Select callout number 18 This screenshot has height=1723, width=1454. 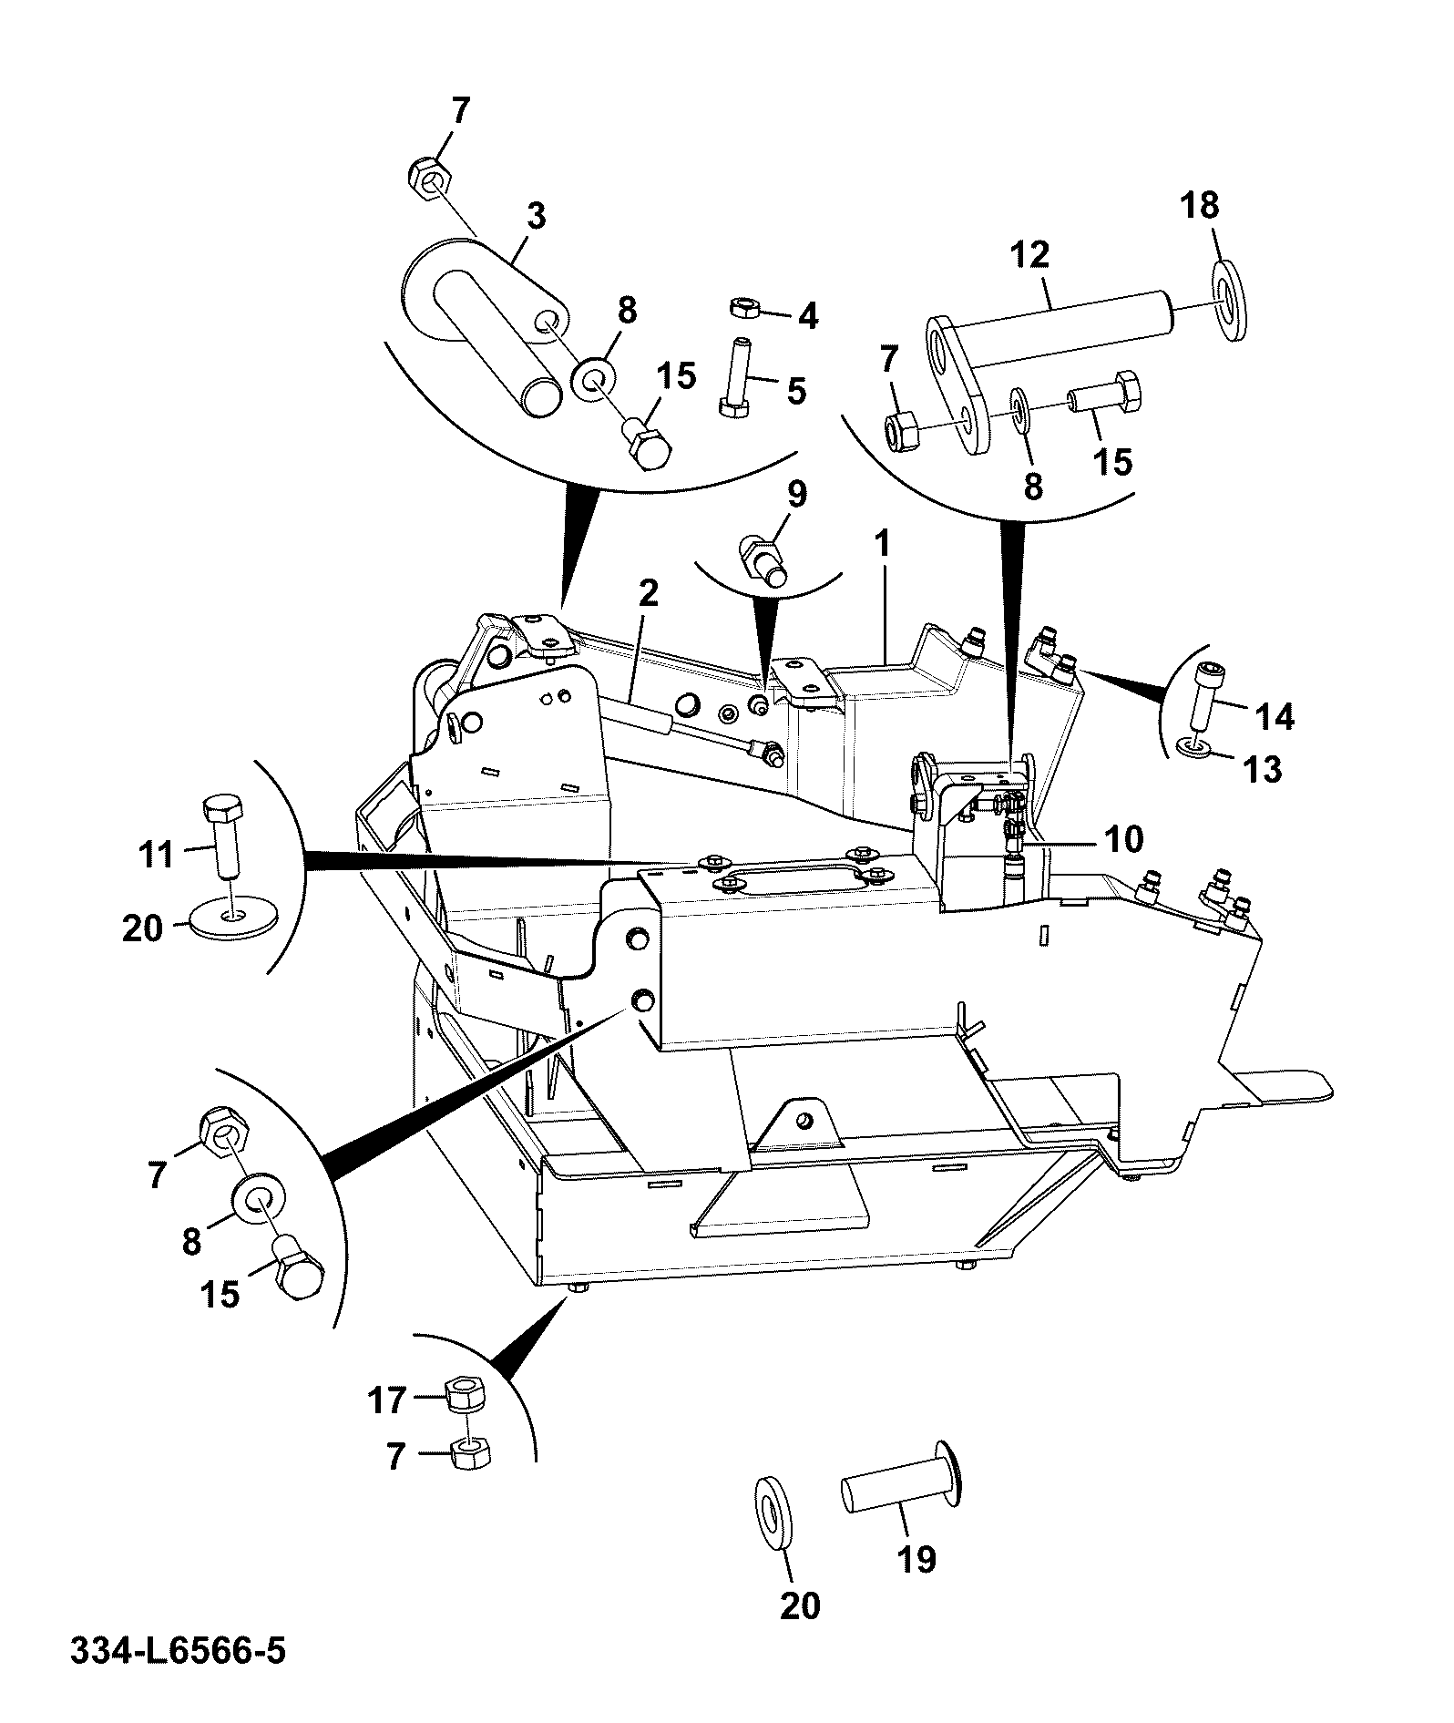click(1200, 205)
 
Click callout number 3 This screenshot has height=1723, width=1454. click(536, 217)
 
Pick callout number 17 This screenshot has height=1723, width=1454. click(386, 1400)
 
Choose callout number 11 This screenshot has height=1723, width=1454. click(156, 855)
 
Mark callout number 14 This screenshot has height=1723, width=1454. click(1275, 717)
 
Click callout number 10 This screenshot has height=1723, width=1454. click(1122, 838)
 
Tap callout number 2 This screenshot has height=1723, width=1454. click(647, 594)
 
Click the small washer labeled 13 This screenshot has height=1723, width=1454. click(1193, 747)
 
